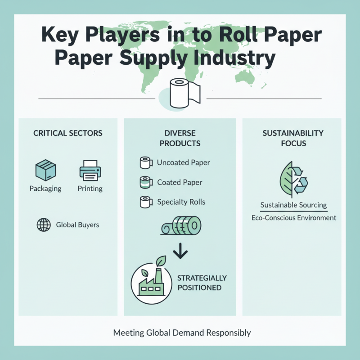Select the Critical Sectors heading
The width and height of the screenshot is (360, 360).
click(68, 133)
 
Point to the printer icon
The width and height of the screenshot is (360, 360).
click(90, 170)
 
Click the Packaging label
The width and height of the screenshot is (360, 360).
click(45, 189)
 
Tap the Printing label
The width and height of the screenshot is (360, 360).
click(90, 189)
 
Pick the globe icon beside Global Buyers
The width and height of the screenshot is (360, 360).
click(43, 225)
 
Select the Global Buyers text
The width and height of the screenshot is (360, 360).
click(77, 225)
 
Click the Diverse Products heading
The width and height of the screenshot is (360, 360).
click(180, 138)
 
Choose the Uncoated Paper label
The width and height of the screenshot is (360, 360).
click(184, 162)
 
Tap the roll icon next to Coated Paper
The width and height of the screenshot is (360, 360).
click(145, 182)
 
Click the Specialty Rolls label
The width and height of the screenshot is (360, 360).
click(181, 202)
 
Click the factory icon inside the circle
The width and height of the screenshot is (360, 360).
click(151, 281)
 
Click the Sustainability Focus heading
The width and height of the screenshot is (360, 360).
click(293, 138)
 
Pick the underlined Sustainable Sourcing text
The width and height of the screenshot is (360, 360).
click(293, 205)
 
